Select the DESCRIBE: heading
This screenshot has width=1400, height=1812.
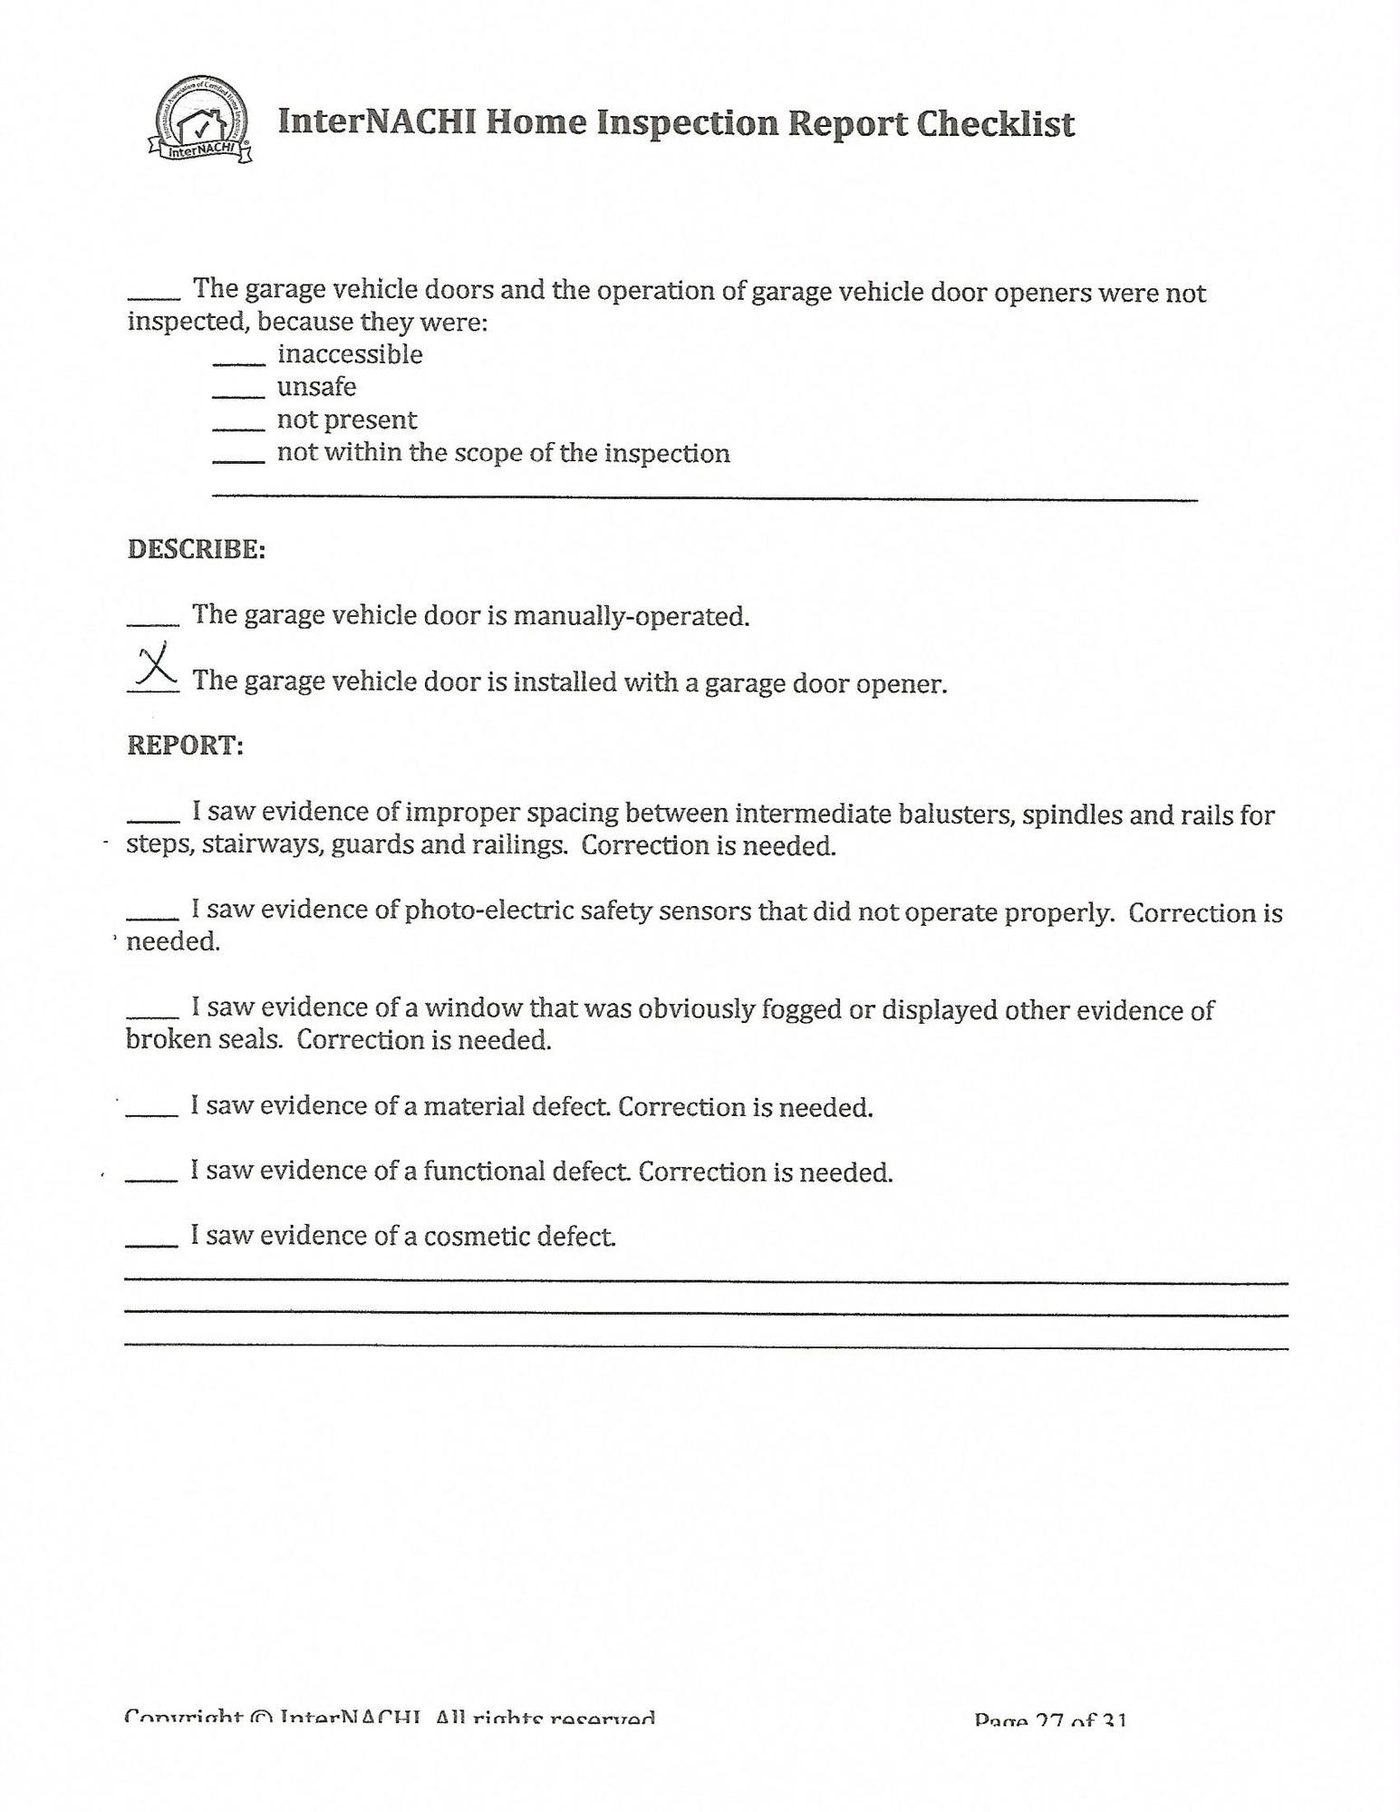point(196,549)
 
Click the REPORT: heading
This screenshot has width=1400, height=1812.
point(185,745)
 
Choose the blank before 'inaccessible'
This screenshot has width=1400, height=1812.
point(239,362)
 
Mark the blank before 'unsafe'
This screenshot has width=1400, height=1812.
point(239,395)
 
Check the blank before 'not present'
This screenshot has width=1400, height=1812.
point(239,428)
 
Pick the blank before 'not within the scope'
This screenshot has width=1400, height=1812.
point(239,460)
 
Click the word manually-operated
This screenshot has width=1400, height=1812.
point(631,617)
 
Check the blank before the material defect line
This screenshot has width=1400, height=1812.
point(152,1113)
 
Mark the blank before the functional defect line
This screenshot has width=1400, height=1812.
point(152,1179)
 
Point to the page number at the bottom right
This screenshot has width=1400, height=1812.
point(1049,1718)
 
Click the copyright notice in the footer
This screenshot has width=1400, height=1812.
point(390,1716)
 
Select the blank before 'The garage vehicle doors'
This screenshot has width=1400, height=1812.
point(154,296)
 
